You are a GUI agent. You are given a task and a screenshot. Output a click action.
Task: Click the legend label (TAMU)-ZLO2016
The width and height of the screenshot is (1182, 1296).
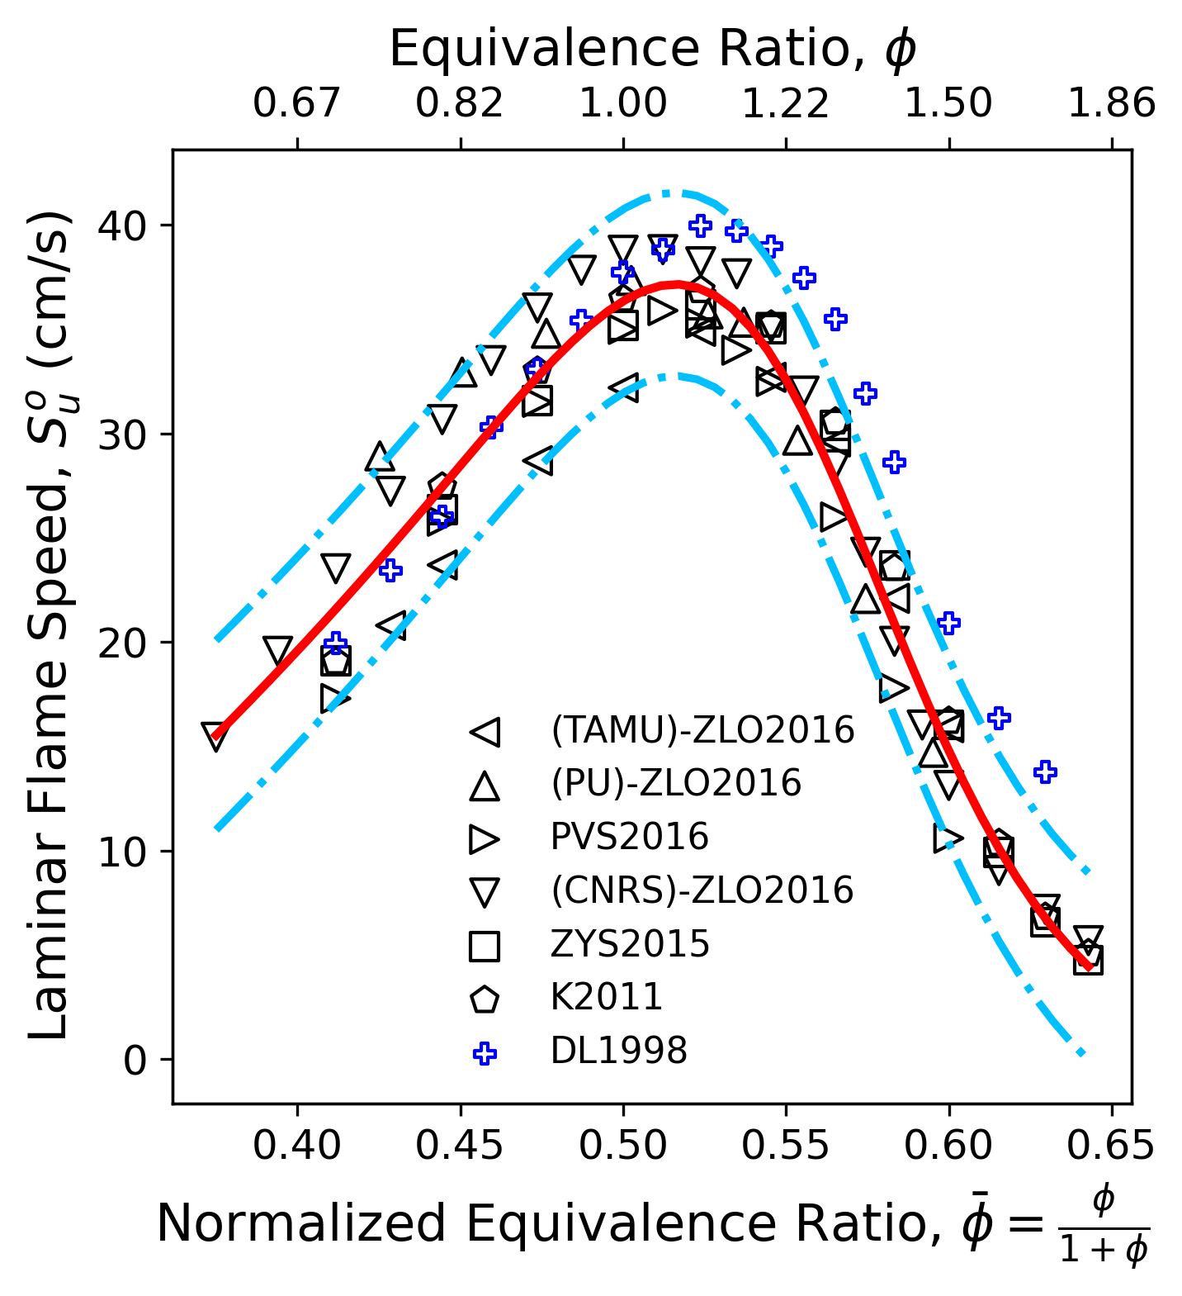click(x=702, y=730)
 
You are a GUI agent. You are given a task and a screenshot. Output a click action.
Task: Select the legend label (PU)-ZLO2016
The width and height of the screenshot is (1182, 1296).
click(x=676, y=783)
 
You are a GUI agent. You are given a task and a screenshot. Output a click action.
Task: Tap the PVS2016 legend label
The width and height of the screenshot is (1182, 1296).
click(x=630, y=837)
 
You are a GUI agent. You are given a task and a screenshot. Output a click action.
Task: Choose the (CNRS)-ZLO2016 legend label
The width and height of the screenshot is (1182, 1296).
click(x=702, y=890)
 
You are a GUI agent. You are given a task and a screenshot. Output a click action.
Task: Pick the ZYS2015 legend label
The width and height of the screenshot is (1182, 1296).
click(x=630, y=943)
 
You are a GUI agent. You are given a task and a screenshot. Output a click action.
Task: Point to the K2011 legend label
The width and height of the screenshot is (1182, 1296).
click(x=607, y=997)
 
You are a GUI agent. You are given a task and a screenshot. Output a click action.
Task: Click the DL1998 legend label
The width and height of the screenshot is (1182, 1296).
click(x=619, y=1051)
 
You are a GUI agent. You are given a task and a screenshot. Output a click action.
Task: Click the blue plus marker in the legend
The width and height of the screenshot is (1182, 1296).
click(x=485, y=1052)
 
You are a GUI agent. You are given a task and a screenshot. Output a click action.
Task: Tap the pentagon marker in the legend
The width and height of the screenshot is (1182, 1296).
click(x=485, y=999)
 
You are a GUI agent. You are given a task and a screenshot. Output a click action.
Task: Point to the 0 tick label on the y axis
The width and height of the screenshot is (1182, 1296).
click(x=135, y=1060)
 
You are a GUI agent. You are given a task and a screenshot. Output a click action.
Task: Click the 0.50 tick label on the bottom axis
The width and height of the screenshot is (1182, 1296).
click(x=623, y=1146)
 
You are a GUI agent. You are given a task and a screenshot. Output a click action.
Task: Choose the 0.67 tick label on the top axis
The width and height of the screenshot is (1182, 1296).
click(x=297, y=104)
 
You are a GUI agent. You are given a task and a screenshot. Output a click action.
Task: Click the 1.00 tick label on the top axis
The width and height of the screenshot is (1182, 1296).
click(x=623, y=104)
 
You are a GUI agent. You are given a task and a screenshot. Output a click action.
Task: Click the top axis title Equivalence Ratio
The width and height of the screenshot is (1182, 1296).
click(x=652, y=50)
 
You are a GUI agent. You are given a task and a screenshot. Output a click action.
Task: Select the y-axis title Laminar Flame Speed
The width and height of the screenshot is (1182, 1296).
click(x=51, y=625)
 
